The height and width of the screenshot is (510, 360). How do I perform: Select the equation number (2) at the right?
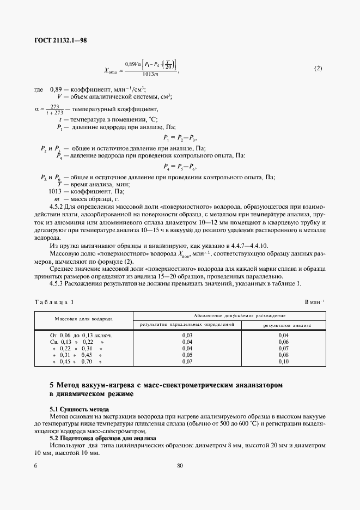(318, 68)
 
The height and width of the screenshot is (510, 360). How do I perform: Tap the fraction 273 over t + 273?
(55, 110)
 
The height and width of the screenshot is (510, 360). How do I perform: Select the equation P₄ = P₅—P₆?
(179, 166)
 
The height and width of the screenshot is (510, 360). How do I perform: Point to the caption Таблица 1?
(53, 302)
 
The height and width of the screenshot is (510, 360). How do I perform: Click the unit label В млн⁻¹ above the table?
(314, 302)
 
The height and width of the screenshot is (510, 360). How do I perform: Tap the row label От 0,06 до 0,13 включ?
(81, 335)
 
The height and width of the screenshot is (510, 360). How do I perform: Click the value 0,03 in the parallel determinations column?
(187, 335)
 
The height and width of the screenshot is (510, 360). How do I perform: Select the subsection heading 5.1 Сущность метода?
(79, 409)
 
